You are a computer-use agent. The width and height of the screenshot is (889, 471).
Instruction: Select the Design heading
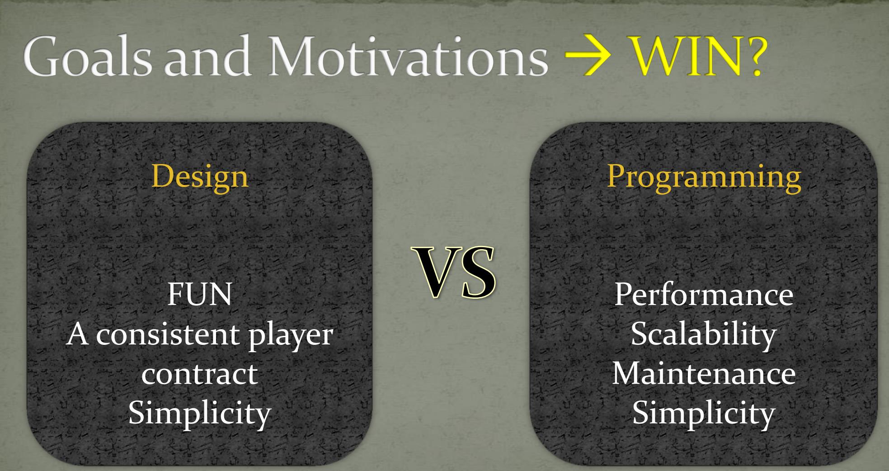point(200,177)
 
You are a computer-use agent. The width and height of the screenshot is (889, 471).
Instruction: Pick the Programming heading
point(704,177)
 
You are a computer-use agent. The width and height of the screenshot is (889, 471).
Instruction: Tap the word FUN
point(200,294)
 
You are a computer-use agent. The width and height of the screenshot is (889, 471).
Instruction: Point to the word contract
point(200,375)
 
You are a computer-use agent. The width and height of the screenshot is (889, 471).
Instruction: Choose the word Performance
point(704,294)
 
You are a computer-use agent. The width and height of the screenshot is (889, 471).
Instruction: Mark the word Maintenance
point(704,374)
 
